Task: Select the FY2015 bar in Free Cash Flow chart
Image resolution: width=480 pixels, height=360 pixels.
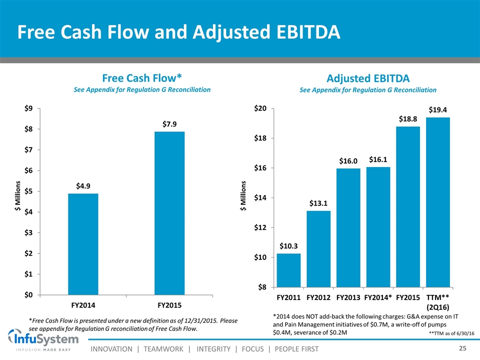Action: point(169,213)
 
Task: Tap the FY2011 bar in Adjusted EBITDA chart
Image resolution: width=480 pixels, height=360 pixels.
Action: point(288,270)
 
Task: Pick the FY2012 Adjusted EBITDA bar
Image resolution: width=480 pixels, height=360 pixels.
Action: point(318,249)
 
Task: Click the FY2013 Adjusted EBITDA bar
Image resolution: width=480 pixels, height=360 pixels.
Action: point(348,228)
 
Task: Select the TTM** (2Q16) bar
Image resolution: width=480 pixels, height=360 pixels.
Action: point(438,202)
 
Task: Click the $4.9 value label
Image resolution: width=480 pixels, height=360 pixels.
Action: point(83,186)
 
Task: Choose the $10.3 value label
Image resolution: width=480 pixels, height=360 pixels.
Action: point(288,245)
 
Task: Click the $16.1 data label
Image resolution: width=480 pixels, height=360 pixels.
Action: point(378,159)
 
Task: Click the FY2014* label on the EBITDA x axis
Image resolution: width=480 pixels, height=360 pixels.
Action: point(378,297)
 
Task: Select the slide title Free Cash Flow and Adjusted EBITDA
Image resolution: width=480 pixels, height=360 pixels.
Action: point(179,32)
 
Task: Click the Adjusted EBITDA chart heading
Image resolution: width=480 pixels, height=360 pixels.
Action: point(368,78)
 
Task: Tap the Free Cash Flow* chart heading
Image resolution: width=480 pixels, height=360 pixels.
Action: point(141,77)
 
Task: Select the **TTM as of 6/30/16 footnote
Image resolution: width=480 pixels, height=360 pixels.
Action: point(451,333)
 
